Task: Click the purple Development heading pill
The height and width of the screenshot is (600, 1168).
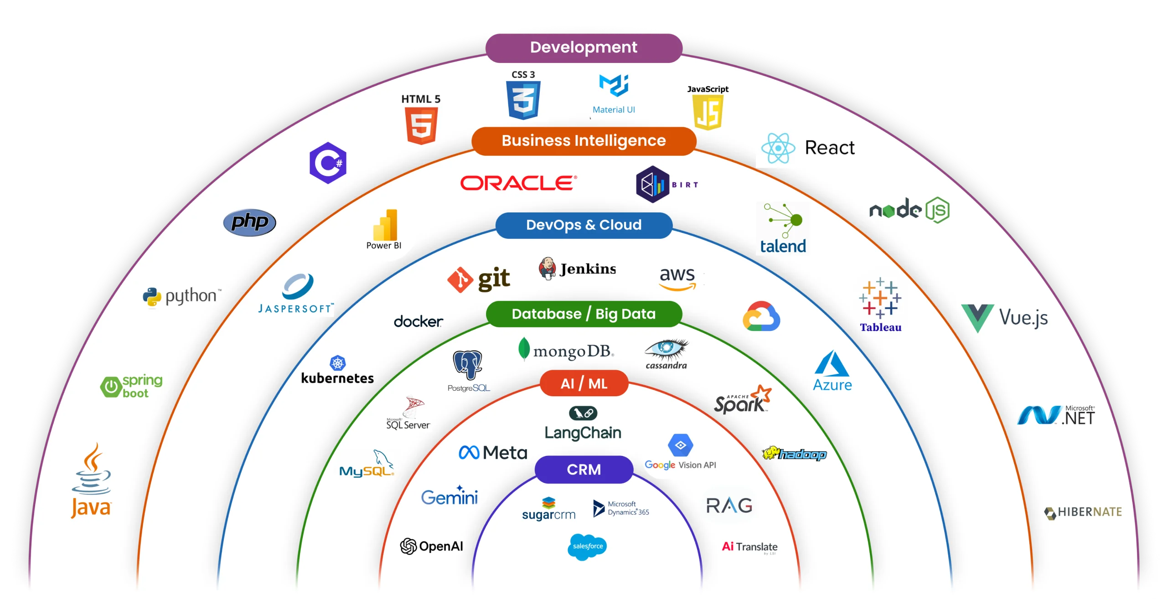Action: point(584,47)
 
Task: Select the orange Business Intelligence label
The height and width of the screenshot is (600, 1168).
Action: point(584,141)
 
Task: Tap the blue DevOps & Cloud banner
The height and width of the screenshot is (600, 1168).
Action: point(584,225)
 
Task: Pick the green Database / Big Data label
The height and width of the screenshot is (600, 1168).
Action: point(584,314)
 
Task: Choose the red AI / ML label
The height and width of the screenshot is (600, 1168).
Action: point(584,383)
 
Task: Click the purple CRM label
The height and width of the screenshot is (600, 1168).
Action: point(584,470)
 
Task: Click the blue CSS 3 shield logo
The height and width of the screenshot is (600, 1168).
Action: point(523,100)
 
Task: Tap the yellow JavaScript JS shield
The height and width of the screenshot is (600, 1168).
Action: point(708,113)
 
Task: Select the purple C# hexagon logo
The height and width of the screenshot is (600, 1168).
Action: point(328,163)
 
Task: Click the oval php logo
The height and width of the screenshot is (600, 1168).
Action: point(249,222)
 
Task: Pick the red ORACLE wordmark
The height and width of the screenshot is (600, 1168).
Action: point(518,183)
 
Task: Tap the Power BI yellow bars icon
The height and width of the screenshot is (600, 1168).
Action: point(386,225)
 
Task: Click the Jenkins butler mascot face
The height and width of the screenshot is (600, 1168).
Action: point(547,268)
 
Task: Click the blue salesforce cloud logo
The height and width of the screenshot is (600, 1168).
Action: point(587,546)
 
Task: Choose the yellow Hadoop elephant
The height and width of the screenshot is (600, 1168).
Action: point(770,453)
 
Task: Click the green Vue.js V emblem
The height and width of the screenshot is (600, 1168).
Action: point(977,317)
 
